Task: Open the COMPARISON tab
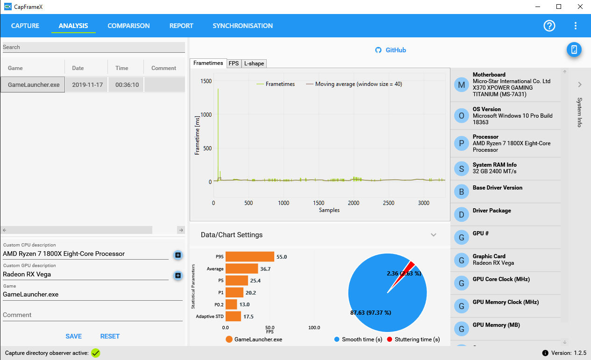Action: click(x=128, y=26)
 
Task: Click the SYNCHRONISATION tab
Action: click(x=243, y=26)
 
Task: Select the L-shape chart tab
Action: click(x=254, y=64)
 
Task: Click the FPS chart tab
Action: click(x=234, y=64)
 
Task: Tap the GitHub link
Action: click(x=391, y=50)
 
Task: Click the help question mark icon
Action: click(x=549, y=26)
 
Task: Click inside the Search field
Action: click(x=93, y=47)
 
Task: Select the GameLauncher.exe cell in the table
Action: click(x=33, y=85)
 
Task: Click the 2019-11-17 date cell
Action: click(x=87, y=85)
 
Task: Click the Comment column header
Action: click(x=164, y=68)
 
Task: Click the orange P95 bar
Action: click(x=250, y=257)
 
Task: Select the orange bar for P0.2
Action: click(x=231, y=304)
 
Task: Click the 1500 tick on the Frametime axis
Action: click(x=206, y=81)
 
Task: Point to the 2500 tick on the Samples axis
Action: click(x=388, y=203)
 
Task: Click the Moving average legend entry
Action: click(x=354, y=84)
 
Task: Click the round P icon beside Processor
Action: click(x=462, y=143)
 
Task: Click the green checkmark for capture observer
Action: click(x=95, y=353)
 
